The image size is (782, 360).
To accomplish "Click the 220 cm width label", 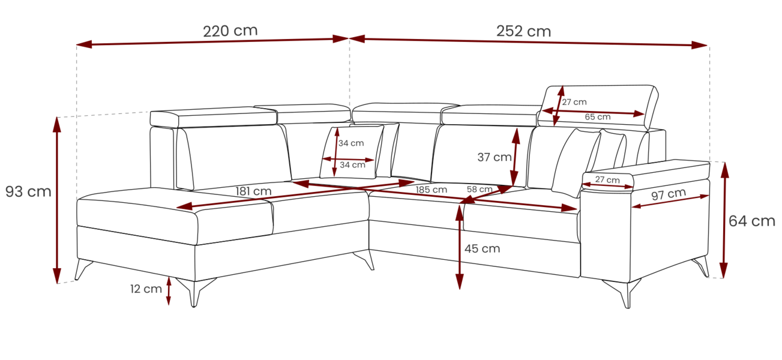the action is pyautogui.click(x=230, y=31).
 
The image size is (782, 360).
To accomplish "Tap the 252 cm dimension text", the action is pyautogui.click(x=524, y=31).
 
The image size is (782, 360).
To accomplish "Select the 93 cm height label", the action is pyautogui.click(x=28, y=191).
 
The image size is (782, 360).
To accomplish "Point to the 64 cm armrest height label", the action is pyautogui.click(x=752, y=221).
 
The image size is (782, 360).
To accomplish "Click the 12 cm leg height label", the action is pyautogui.click(x=146, y=289).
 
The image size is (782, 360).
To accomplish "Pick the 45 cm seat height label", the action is pyautogui.click(x=482, y=248).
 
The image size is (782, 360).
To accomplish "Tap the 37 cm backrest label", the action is pyautogui.click(x=495, y=157).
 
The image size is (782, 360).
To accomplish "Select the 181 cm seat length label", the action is pyautogui.click(x=253, y=191).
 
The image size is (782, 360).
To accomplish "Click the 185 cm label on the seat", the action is pyautogui.click(x=431, y=190).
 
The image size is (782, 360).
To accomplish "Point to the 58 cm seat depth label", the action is pyautogui.click(x=480, y=189).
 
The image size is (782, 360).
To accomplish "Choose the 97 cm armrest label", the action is pyautogui.click(x=669, y=194).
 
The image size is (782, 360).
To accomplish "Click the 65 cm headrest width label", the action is pyautogui.click(x=598, y=117).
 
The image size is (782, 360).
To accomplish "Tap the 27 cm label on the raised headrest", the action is pyautogui.click(x=574, y=102).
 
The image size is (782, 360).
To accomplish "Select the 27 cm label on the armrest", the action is pyautogui.click(x=607, y=179).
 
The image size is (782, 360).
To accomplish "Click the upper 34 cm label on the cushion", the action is pyautogui.click(x=351, y=143).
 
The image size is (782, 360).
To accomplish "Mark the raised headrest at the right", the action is pyautogui.click(x=598, y=106).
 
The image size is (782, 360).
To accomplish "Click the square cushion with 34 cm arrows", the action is pyautogui.click(x=352, y=152).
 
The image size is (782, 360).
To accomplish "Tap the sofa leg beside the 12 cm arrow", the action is pyautogui.click(x=196, y=292).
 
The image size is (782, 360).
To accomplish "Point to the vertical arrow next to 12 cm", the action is pyautogui.click(x=169, y=291).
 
